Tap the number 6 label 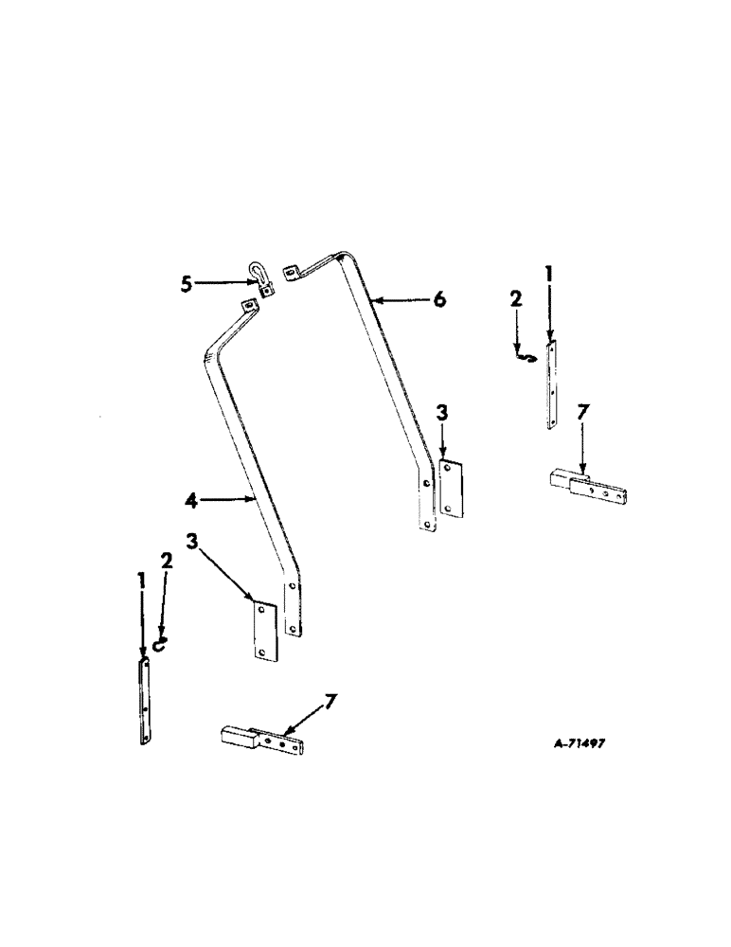point(438,299)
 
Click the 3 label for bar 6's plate point(442,413)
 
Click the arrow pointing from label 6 point(402,300)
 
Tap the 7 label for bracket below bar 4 point(329,702)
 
